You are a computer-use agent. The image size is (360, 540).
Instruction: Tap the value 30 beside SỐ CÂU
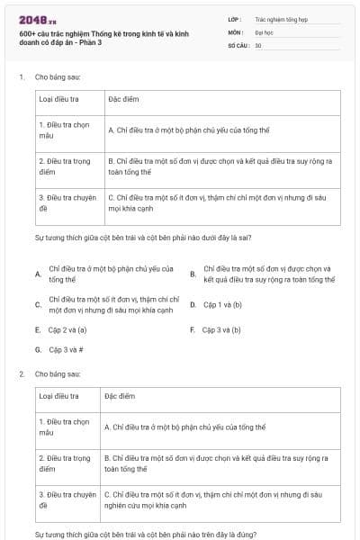[x=258, y=44]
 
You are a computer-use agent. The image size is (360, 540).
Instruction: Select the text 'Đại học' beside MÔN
[x=263, y=31]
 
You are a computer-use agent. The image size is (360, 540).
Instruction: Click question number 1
[x=21, y=77]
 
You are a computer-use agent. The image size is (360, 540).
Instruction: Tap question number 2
[x=21, y=373]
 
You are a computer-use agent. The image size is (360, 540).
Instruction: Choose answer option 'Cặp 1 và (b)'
[x=222, y=304]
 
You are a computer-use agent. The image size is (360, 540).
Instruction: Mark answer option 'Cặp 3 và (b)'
[x=221, y=330]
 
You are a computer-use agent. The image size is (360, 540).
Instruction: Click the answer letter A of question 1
[x=37, y=274]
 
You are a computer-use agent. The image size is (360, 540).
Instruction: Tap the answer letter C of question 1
[x=37, y=304]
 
